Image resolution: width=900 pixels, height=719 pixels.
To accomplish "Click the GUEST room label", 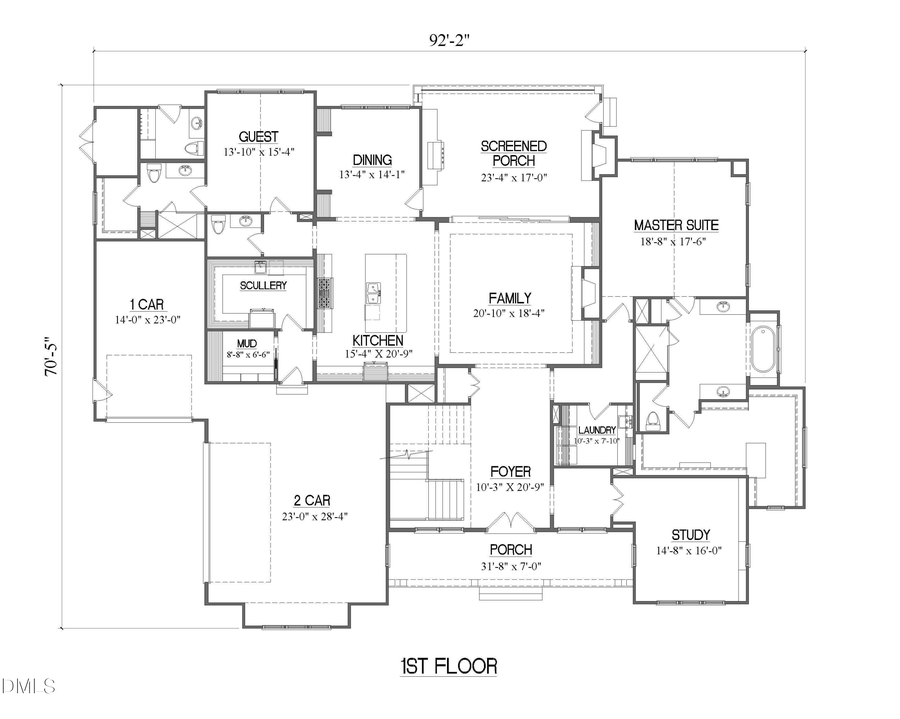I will [x=258, y=137].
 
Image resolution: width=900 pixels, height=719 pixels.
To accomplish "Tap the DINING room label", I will [x=372, y=160].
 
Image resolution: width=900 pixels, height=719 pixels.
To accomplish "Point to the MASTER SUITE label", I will [x=676, y=225].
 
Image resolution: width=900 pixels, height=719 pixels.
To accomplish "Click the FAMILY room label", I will [x=509, y=297].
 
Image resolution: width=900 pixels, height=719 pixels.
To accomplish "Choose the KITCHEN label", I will [x=376, y=340].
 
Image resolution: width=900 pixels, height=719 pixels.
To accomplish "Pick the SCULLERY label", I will [x=263, y=285].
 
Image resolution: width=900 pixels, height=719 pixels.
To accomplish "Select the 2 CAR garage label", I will [x=305, y=500].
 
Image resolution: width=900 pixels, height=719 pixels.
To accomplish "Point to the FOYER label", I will [x=510, y=472].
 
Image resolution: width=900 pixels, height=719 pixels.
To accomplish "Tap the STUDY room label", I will [x=690, y=535].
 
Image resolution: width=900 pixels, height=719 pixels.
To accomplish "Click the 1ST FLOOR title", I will [x=447, y=666].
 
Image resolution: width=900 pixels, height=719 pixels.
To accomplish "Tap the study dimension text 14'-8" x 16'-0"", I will [x=690, y=551].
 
